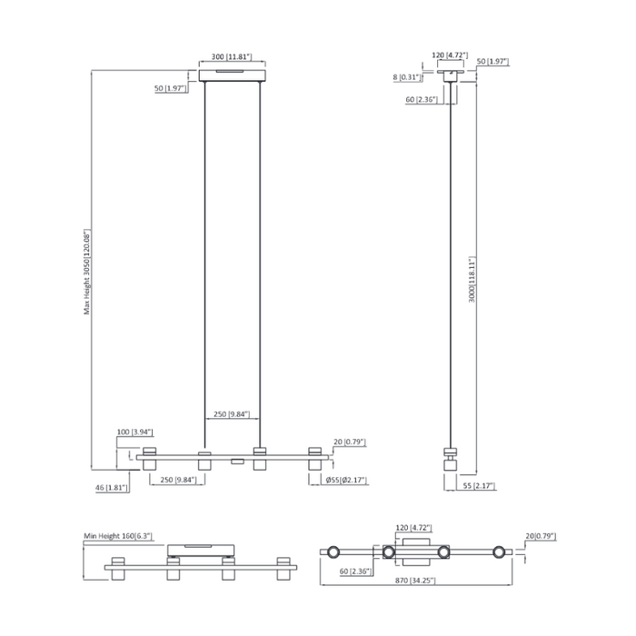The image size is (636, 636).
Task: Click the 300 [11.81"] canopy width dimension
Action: pos(231,56)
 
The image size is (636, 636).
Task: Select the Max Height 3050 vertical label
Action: pos(88,271)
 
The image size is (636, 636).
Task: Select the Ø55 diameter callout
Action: pos(346,480)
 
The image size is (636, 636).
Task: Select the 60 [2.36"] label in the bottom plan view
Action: pos(356,571)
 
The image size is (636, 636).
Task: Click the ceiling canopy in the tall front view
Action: pos(232,72)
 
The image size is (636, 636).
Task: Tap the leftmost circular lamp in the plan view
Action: pos(333,552)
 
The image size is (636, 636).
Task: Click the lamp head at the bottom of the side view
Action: pos(450,461)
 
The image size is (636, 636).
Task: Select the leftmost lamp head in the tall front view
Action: pos(149,459)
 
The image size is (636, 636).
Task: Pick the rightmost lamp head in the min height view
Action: pos(283,569)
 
